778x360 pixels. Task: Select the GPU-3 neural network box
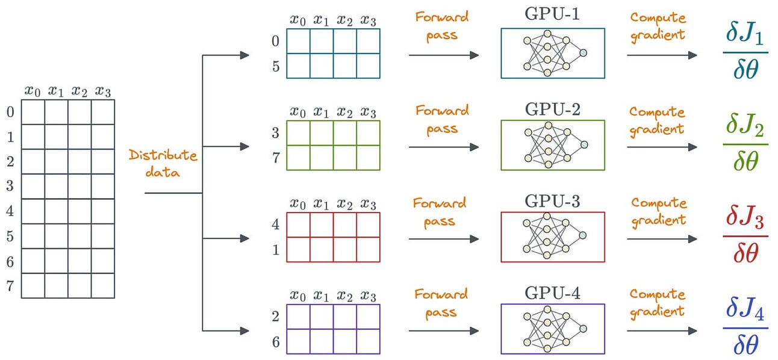coord(552,237)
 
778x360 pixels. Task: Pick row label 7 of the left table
coord(10,286)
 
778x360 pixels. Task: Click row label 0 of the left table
coord(10,111)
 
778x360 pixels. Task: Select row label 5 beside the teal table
coord(276,66)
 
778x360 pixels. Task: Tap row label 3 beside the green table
coord(276,132)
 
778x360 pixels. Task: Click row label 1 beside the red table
coord(276,249)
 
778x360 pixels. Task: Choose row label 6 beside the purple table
coord(276,341)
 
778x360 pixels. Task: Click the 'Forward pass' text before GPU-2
coord(441,119)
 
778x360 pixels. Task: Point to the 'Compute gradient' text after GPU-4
coord(657,302)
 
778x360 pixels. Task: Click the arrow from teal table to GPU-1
coord(443,55)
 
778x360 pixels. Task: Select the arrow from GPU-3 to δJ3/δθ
coord(662,239)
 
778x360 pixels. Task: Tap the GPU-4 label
coord(552,293)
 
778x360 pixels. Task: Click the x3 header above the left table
coord(103,91)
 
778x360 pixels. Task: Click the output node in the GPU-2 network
coord(583,145)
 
